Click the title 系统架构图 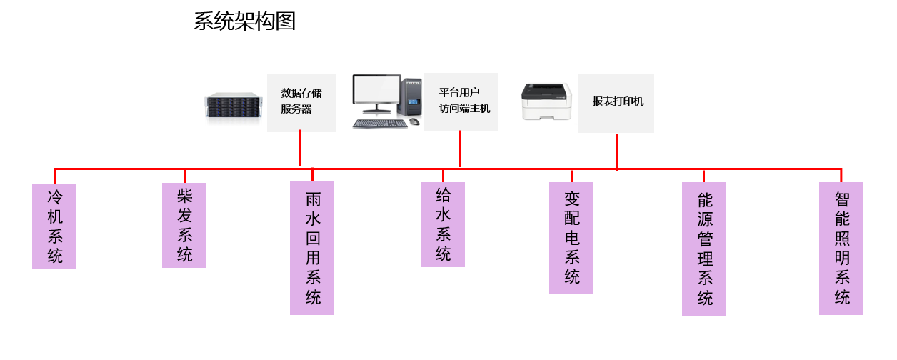[244, 21]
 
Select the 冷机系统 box [54, 226]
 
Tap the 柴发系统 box [184, 225]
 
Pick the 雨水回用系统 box [312, 248]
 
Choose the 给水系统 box [443, 224]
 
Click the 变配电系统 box [571, 238]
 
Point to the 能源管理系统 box [704, 249]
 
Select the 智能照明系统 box [841, 248]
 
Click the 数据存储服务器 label [301, 101]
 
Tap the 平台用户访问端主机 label [461, 101]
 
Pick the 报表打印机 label [616, 102]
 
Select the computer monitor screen [376, 93]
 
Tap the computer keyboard [379, 123]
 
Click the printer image [548, 101]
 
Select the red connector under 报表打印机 [616, 151]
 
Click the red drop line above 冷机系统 [54, 176]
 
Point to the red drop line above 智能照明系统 [841, 176]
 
